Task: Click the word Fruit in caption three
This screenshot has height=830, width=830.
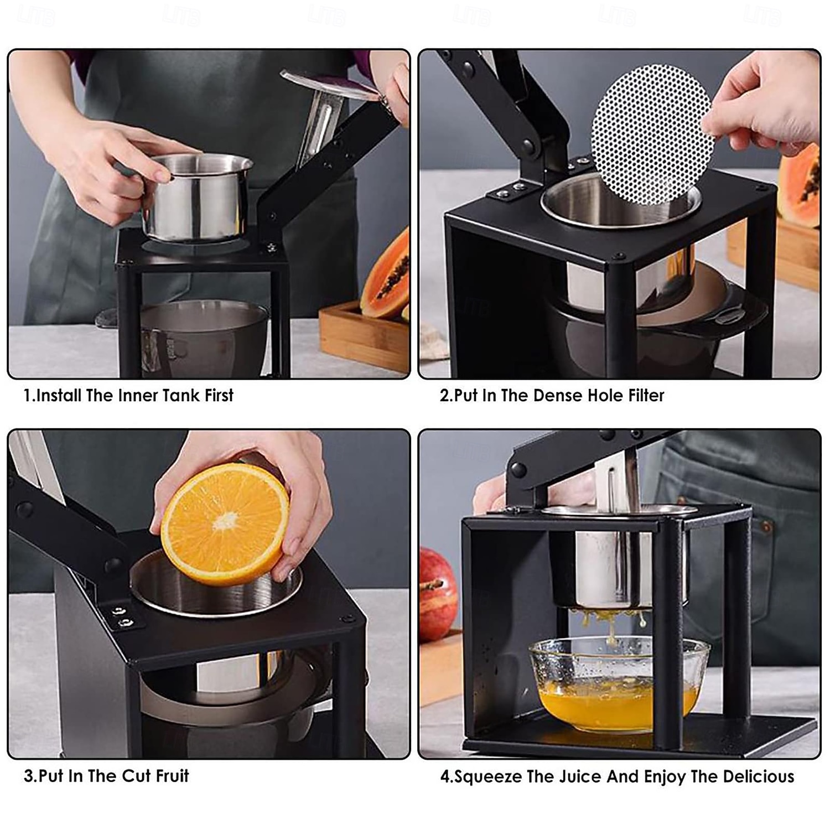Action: click(172, 776)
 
